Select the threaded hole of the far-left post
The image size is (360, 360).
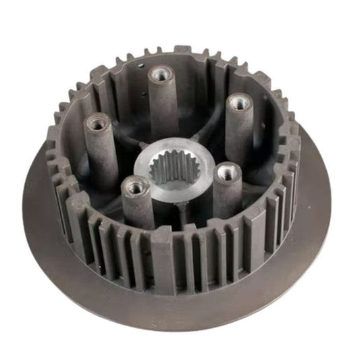click(95, 122)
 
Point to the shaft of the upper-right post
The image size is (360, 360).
click(238, 135)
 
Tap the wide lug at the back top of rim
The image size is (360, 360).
click(182, 52)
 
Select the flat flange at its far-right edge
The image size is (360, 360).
click(324, 196)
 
